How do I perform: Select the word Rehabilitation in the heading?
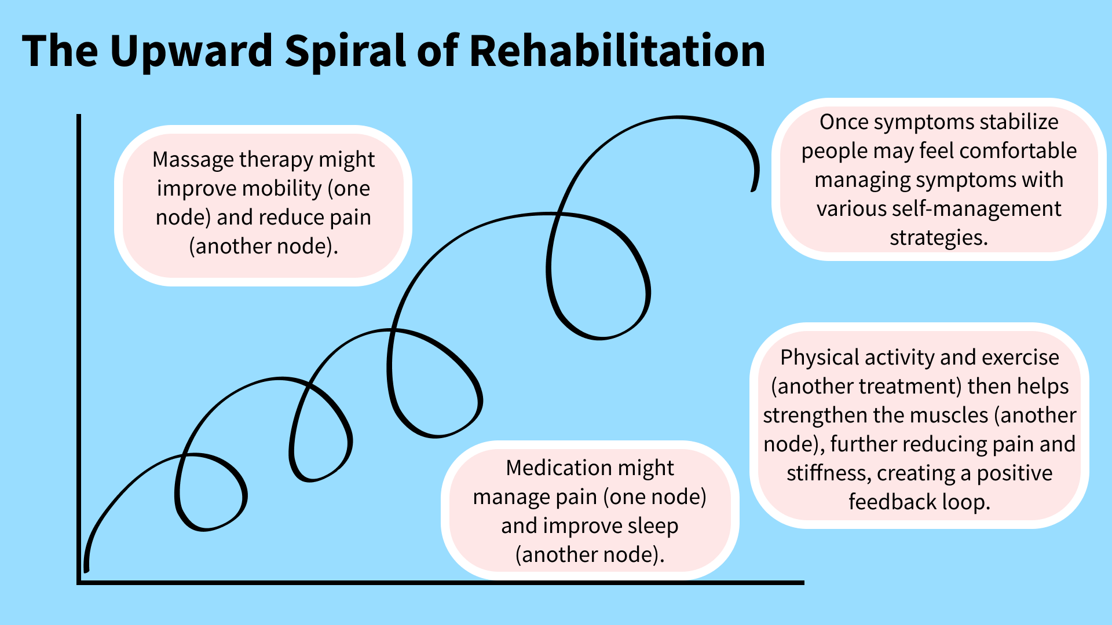pyautogui.click(x=617, y=50)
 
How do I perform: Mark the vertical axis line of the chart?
pyautogui.click(x=79, y=349)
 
